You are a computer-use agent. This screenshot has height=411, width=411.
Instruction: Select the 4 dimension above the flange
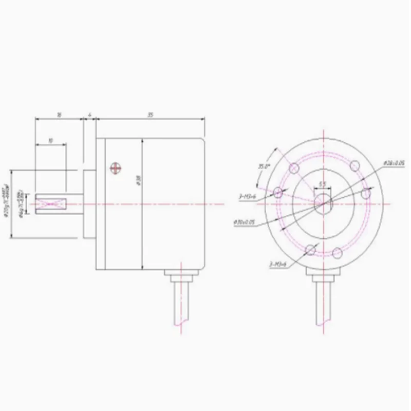89,116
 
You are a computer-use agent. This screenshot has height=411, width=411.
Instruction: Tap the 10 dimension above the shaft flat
50,140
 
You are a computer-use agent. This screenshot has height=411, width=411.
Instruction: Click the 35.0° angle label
264,166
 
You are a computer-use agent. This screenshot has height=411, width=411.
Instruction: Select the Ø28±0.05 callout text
394,162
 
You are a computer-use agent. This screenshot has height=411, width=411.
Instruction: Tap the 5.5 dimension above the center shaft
323,183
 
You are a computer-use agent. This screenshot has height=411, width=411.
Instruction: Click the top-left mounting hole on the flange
294,168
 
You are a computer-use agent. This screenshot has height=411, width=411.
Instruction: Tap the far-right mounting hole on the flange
366,194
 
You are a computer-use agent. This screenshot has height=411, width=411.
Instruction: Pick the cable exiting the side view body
182,303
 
